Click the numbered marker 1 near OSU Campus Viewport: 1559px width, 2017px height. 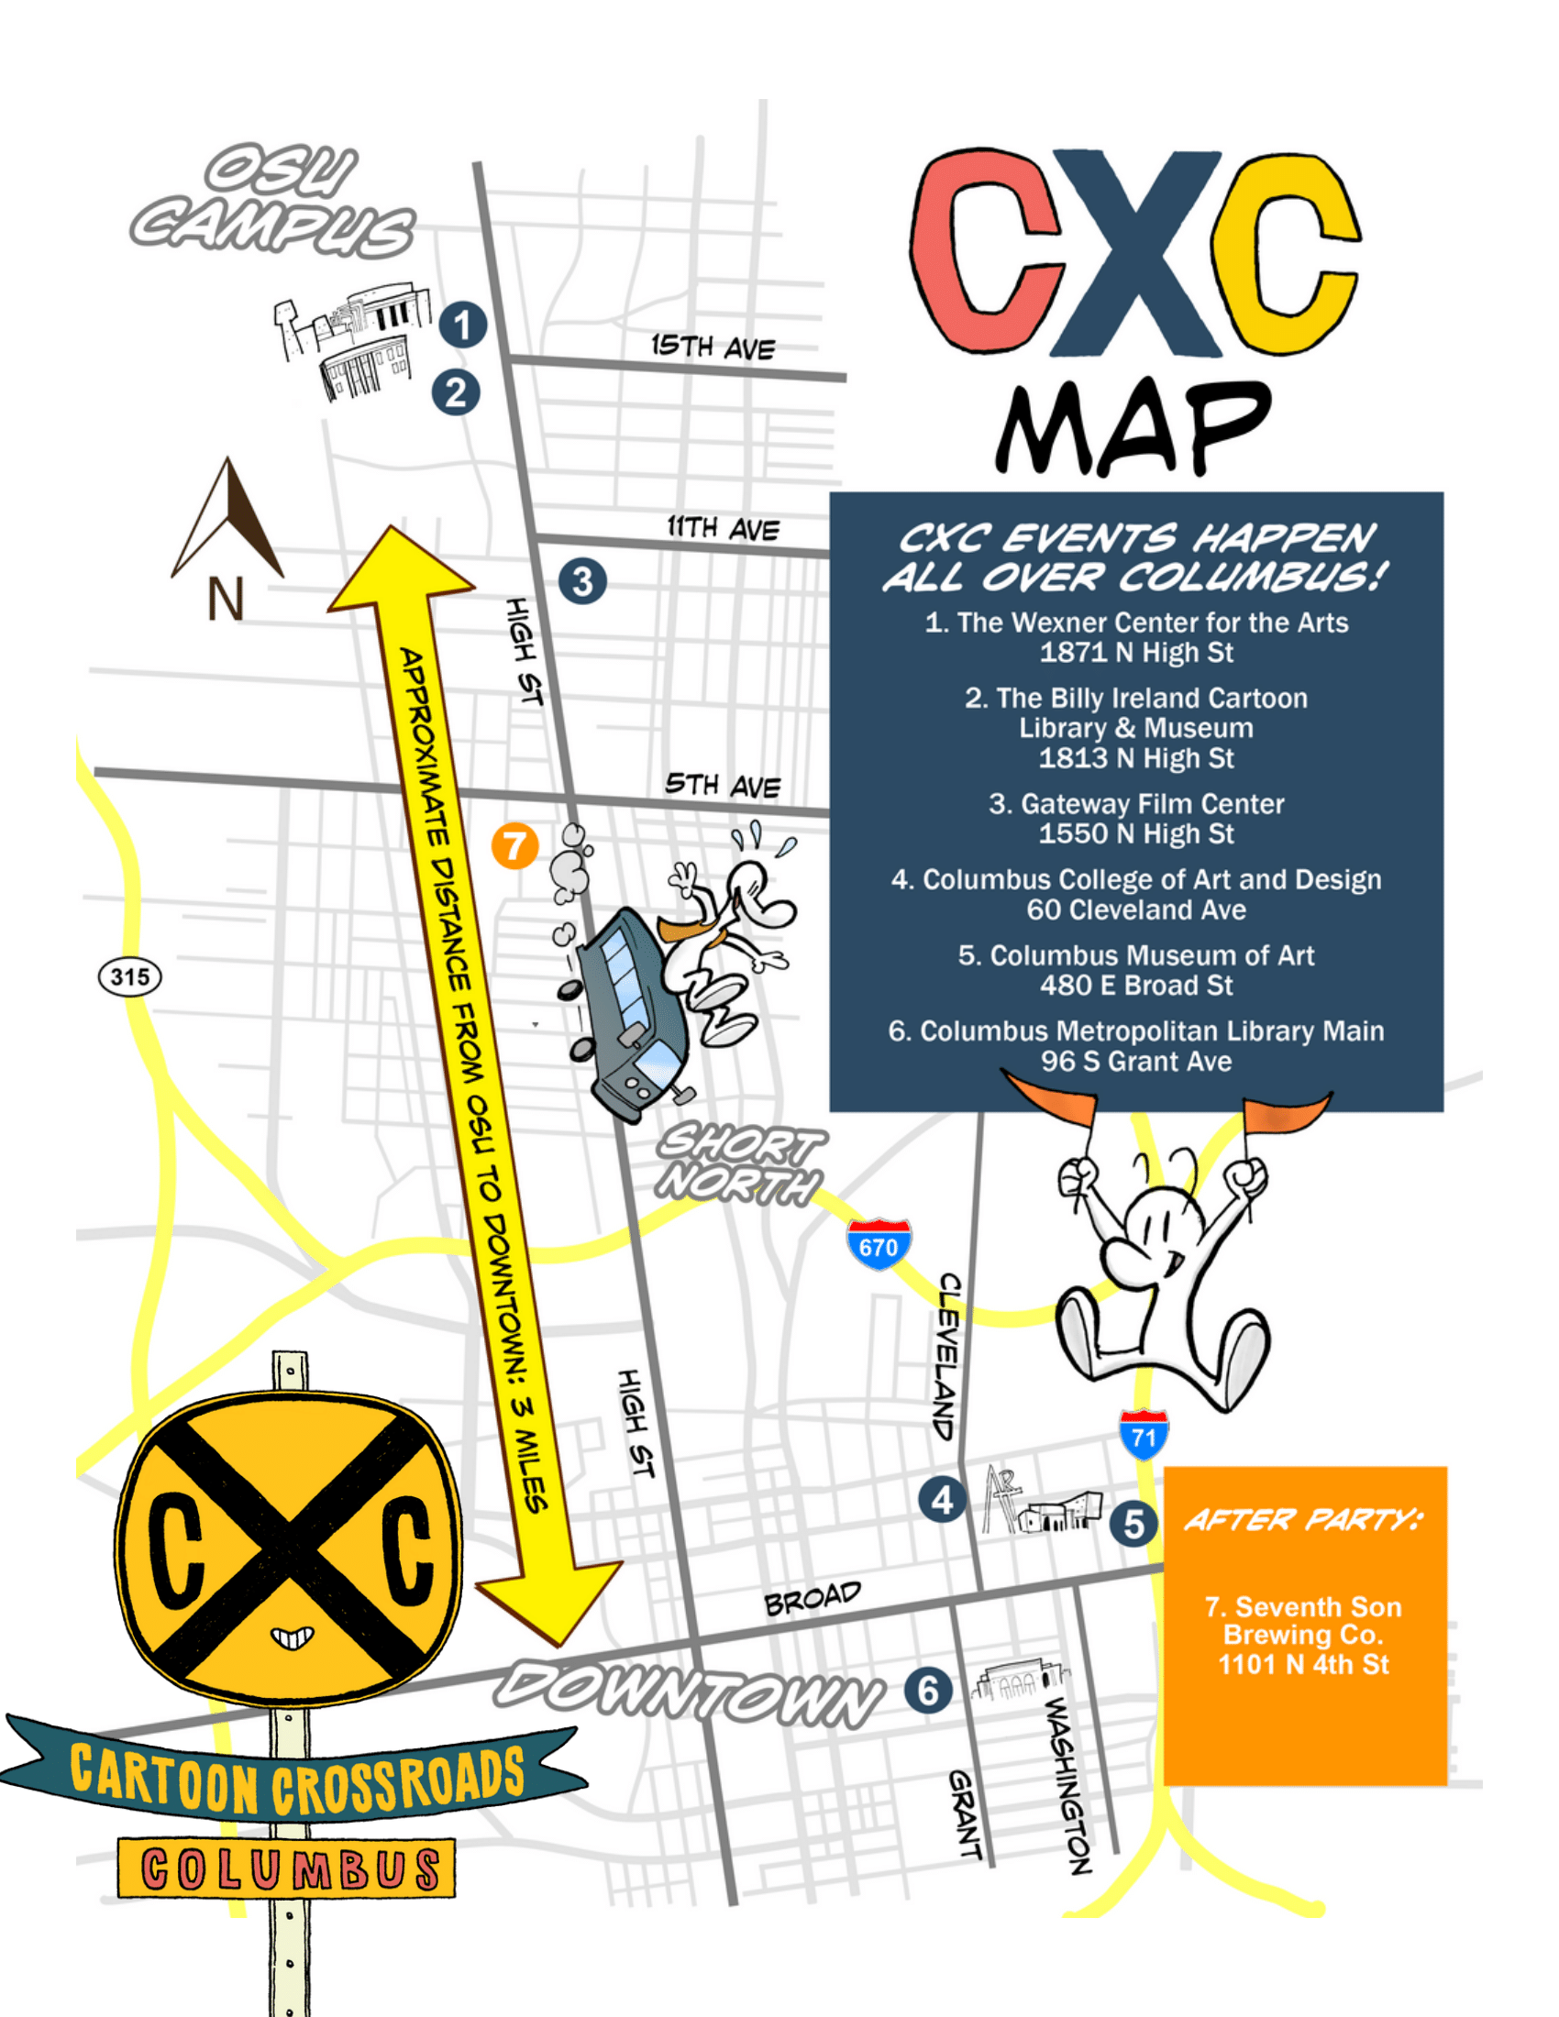pyautogui.click(x=462, y=325)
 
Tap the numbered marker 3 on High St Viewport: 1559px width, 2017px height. pyautogui.click(x=581, y=582)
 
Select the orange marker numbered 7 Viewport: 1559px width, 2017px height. pyautogui.click(x=514, y=845)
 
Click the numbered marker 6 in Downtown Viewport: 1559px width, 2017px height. pyautogui.click(x=927, y=1691)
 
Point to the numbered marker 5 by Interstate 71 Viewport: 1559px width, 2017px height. pyautogui.click(x=1133, y=1525)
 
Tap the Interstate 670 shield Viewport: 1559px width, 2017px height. pyautogui.click(x=879, y=1245)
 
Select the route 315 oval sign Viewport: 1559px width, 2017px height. pyautogui.click(x=129, y=977)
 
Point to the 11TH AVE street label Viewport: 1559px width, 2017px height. pyautogui.click(x=724, y=528)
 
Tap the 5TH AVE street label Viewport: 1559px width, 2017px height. pyautogui.click(x=723, y=785)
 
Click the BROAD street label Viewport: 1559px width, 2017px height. pyautogui.click(x=812, y=1599)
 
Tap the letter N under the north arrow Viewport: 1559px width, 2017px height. pyautogui.click(x=225, y=600)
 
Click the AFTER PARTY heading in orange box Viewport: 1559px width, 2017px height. pyautogui.click(x=1303, y=1519)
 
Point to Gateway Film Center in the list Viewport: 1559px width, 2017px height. pyautogui.click(x=1136, y=804)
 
